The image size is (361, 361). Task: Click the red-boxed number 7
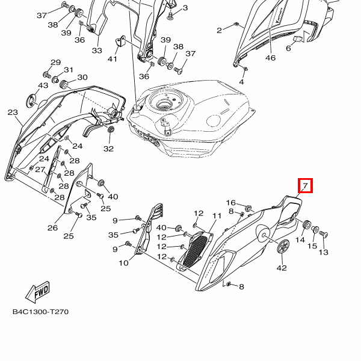(x=306, y=186)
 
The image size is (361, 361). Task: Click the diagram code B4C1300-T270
(x=40, y=313)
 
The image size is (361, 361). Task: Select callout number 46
(x=270, y=58)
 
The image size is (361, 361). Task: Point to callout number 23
(x=13, y=113)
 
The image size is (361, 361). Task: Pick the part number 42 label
(x=282, y=268)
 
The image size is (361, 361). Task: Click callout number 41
(x=113, y=58)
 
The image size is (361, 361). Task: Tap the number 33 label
(x=97, y=51)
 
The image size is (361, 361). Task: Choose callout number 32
(x=108, y=149)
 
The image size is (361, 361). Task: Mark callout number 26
(x=52, y=227)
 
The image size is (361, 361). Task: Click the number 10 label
(x=123, y=263)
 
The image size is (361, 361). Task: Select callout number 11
(x=217, y=215)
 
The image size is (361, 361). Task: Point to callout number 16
(x=230, y=203)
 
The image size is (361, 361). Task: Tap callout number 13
(x=323, y=252)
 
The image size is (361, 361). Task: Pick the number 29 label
(x=55, y=63)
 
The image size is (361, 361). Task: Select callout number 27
(x=40, y=170)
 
